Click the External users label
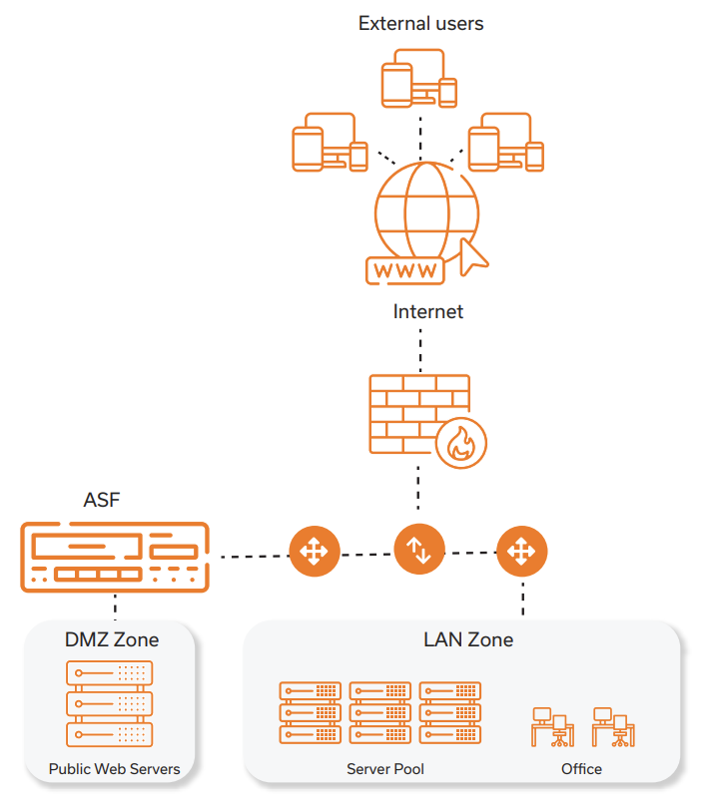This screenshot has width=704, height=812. (420, 23)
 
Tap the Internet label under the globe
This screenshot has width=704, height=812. (427, 311)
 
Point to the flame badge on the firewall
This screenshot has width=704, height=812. (461, 443)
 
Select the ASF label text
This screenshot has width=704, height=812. (102, 500)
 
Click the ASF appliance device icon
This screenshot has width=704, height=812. (115, 556)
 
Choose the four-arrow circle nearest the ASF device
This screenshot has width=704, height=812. (314, 551)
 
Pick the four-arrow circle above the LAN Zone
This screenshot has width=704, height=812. (521, 551)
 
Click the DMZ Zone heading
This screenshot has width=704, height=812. (112, 639)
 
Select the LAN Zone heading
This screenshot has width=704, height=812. (468, 639)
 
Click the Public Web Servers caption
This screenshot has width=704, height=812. (115, 769)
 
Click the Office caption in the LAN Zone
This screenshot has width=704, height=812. (581, 769)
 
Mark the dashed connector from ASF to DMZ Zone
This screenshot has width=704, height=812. (116, 606)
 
